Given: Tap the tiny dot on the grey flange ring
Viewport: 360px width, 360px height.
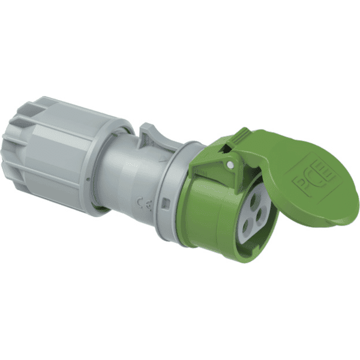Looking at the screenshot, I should coord(88,179).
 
